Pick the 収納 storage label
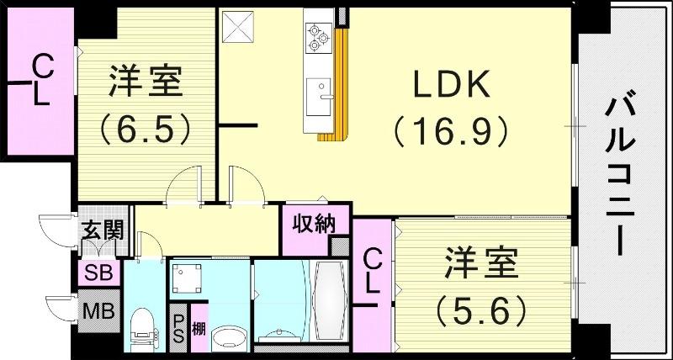(x=313, y=224)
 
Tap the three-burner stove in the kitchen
(x=318, y=35)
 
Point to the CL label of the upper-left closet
(x=40, y=81)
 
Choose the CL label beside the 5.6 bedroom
(x=373, y=270)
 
